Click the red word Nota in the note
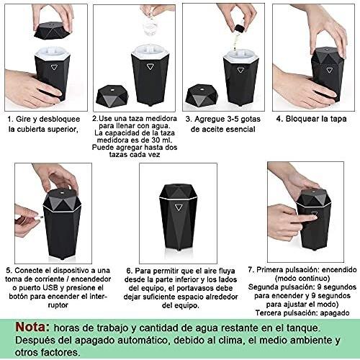[32, 327]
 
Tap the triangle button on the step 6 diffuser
[178, 207]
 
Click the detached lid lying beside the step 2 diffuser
[112, 95]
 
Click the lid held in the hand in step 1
[52, 30]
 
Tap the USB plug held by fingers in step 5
[39, 217]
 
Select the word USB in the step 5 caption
[50, 287]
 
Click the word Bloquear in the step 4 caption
[300, 119]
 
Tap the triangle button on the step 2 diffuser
[150, 66]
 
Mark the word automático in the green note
[142, 340]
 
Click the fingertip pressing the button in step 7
[313, 218]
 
